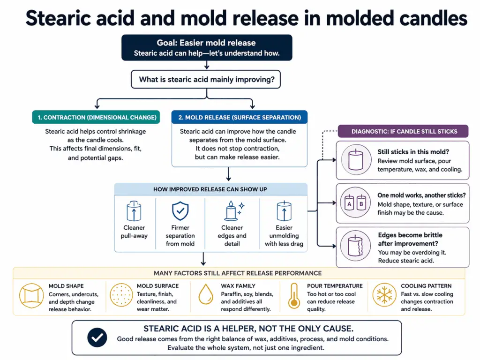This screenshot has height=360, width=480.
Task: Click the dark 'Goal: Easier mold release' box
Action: [x=207, y=48]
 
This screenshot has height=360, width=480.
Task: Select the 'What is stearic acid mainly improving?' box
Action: [x=207, y=79]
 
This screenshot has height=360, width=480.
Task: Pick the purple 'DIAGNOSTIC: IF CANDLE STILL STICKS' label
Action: [x=404, y=131]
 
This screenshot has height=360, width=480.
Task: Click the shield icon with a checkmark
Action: [x=180, y=211]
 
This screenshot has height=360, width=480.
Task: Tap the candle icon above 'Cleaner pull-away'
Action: [x=134, y=211]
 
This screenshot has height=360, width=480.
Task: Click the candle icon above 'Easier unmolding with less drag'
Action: [x=284, y=211]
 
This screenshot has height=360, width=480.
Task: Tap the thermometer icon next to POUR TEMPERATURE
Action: [x=294, y=296]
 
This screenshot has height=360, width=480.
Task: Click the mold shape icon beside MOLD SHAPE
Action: [x=31, y=295]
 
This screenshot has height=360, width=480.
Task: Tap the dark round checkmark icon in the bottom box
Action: [x=97, y=337]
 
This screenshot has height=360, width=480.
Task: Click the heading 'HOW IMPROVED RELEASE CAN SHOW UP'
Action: [x=210, y=189]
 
